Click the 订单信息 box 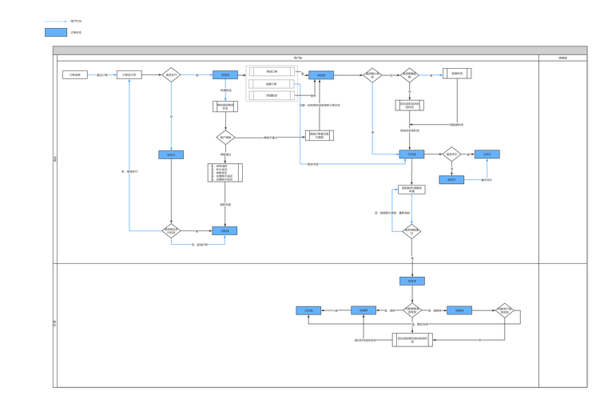74,75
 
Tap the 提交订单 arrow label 102,75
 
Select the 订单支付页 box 129,75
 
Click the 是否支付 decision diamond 171,75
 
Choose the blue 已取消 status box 225,231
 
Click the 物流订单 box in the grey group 272,71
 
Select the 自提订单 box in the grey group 272,83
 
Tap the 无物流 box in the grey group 272,95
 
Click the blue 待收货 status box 321,75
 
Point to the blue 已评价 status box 487,154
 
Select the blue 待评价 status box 412,154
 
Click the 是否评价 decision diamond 452,154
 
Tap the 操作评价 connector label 487,180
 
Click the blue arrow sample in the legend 55,22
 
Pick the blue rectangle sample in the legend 55,33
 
